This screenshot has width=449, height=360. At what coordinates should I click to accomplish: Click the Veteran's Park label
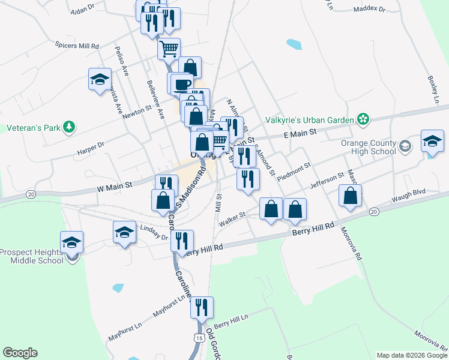(31, 128)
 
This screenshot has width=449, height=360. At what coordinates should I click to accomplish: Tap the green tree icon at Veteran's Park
(70, 127)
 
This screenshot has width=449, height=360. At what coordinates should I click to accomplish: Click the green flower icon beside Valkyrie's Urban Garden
(363, 120)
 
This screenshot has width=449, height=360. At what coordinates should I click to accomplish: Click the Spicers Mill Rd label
(77, 45)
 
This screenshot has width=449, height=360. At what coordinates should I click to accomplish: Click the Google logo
(20, 353)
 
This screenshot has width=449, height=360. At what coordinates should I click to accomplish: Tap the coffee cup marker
(181, 83)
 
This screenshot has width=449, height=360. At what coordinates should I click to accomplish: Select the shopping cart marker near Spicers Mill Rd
(169, 48)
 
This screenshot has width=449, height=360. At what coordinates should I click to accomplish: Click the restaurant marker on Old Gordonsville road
(202, 307)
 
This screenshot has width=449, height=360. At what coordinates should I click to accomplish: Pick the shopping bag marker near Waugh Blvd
(351, 195)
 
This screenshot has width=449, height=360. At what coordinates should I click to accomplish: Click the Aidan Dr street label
(83, 10)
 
